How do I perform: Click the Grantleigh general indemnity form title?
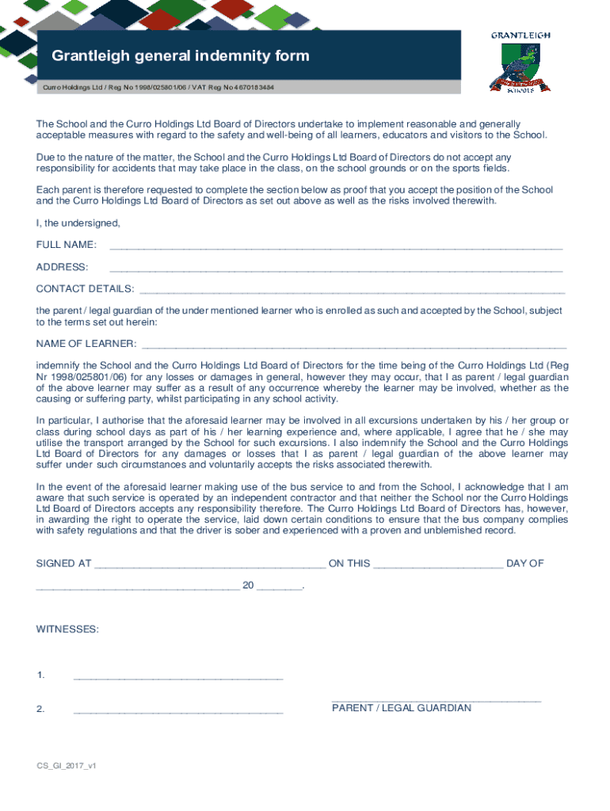[x=181, y=56]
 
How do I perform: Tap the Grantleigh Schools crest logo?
[x=520, y=64]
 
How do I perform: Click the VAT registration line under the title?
[x=158, y=86]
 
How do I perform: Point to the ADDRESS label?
[x=63, y=267]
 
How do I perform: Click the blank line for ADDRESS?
[x=336, y=269]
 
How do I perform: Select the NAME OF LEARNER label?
[x=86, y=344]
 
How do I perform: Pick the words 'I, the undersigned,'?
[x=78, y=223]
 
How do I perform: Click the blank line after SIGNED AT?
[x=209, y=566]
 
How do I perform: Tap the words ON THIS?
[x=349, y=563]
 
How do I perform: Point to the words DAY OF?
[x=525, y=563]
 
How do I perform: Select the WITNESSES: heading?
[x=68, y=629]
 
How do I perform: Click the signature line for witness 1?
[x=178, y=678]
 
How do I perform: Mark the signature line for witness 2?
[x=178, y=711]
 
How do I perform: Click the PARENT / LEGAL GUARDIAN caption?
[x=402, y=707]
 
